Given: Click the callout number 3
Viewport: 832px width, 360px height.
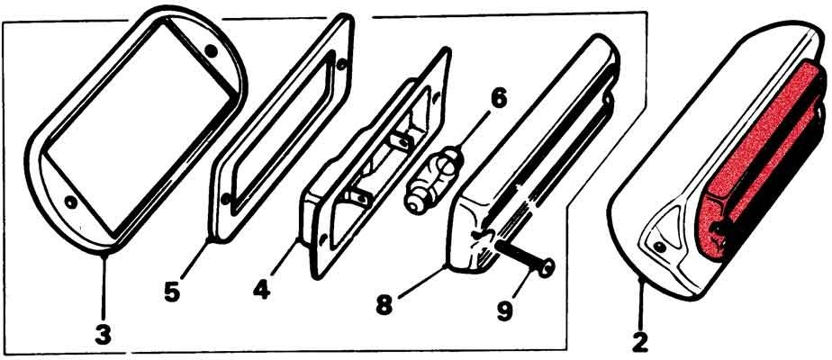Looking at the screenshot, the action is point(103,335).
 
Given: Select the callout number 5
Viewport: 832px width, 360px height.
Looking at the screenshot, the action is point(171,292).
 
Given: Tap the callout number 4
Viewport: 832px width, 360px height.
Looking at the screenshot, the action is point(262,290).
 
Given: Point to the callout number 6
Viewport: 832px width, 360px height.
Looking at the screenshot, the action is point(498,100).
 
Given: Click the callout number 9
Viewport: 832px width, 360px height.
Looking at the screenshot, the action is point(504,310).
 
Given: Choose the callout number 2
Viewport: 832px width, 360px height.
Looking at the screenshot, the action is point(641,341).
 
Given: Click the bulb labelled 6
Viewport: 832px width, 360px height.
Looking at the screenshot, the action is point(435,179).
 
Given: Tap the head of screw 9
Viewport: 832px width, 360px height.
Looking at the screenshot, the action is point(547,266).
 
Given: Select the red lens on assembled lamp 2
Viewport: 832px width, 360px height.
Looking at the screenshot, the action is point(759,159).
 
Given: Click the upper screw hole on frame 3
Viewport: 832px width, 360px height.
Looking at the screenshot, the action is point(212,51).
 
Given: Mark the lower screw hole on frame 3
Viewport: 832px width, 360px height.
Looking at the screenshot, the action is point(69,202).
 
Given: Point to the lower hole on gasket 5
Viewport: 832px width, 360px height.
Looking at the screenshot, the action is point(225,200).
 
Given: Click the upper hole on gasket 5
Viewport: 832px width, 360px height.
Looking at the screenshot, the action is point(341,65).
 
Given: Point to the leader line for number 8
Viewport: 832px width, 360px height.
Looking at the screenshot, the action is point(421,280).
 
